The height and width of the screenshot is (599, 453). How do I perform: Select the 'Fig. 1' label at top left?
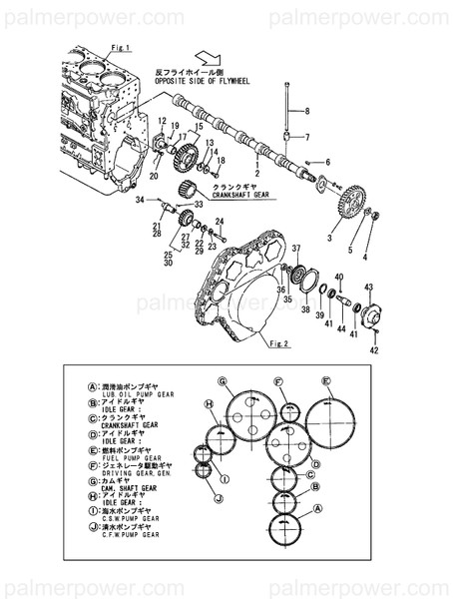point(93,48)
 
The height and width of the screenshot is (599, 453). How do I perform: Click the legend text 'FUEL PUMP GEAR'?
point(117,457)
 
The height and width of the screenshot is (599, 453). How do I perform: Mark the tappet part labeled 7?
point(288,137)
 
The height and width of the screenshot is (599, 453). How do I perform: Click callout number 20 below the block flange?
point(154,177)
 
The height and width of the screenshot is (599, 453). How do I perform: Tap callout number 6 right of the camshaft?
point(325,162)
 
